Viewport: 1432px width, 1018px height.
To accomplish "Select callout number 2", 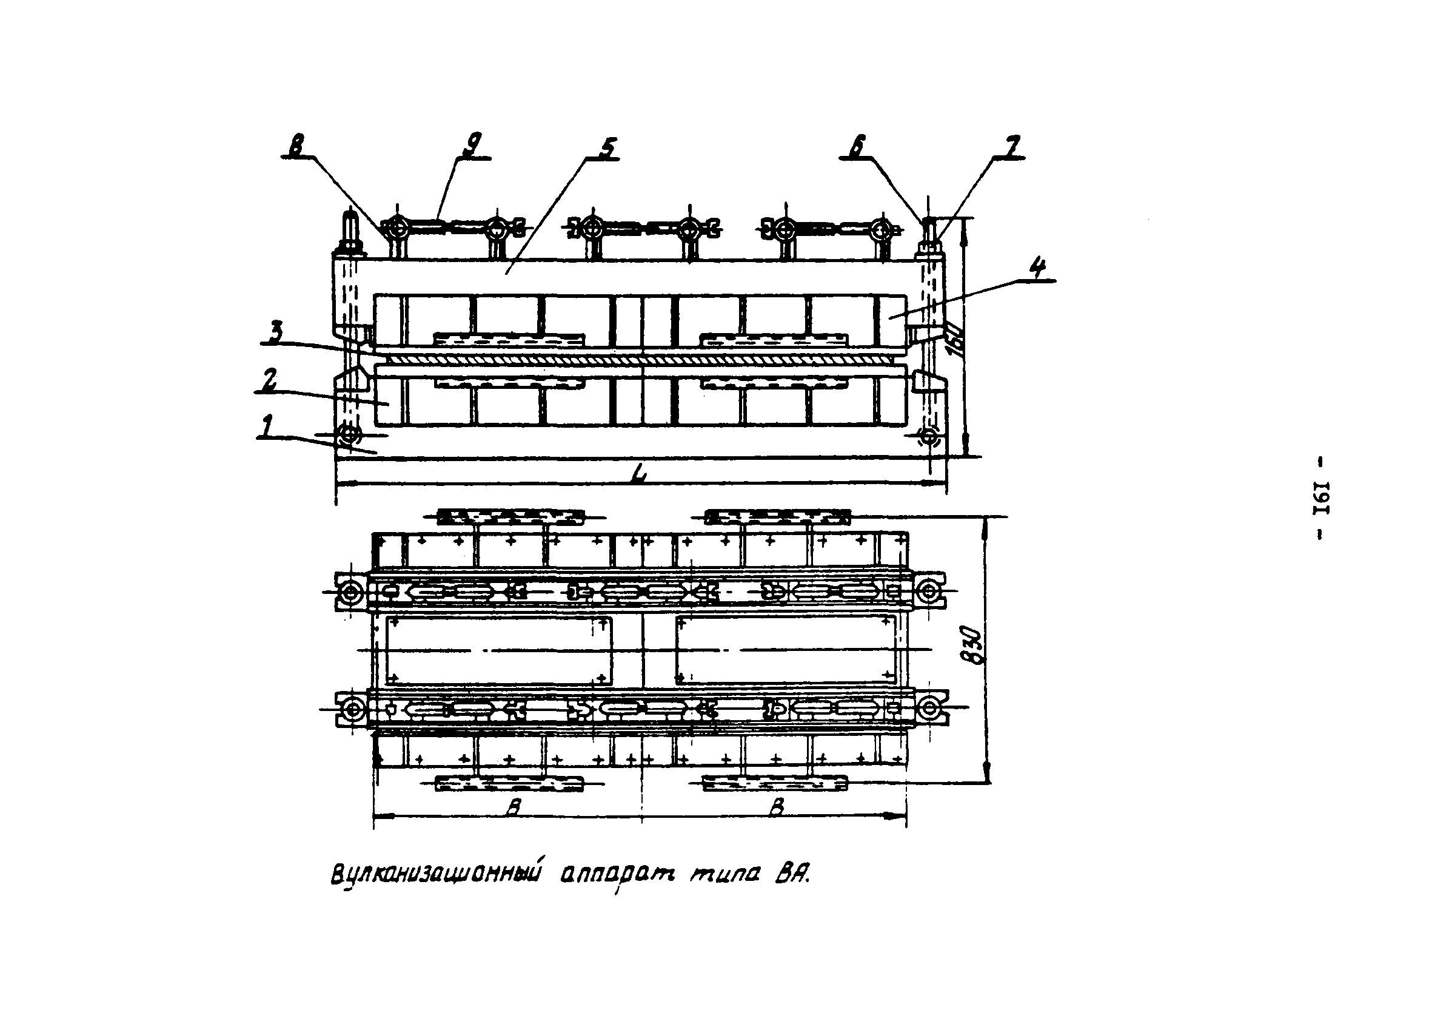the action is tap(269, 380).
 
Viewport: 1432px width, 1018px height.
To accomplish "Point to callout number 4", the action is tap(1037, 269).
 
